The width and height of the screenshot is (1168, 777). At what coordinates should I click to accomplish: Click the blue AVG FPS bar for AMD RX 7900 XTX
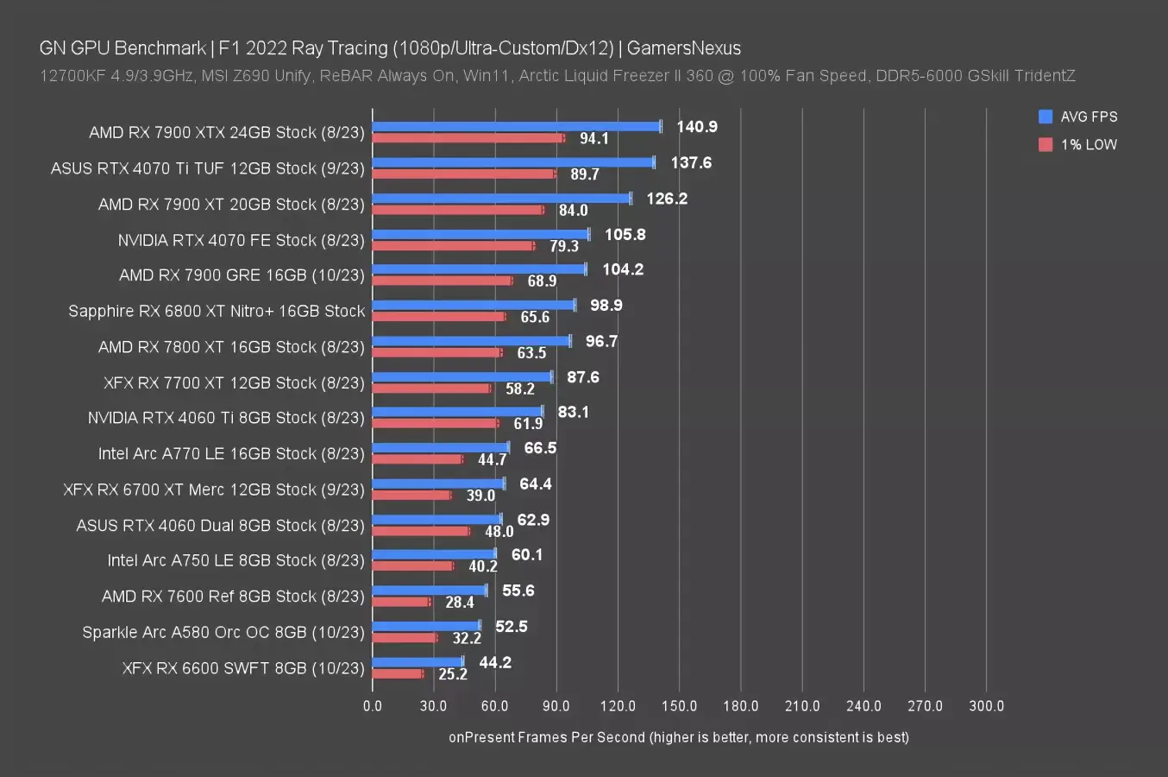pyautogui.click(x=516, y=126)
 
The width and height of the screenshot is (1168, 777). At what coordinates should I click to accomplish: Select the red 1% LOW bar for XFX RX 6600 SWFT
pyautogui.click(x=398, y=673)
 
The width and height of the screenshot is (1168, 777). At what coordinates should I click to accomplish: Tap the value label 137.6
pyautogui.click(x=691, y=162)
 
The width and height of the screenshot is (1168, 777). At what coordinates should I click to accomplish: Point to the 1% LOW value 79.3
pyautogui.click(x=564, y=246)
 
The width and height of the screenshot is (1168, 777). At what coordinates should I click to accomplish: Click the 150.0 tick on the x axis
pyautogui.click(x=679, y=705)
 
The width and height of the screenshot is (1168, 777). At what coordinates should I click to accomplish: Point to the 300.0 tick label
pyautogui.click(x=986, y=705)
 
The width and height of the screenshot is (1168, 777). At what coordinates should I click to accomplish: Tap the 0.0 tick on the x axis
pyautogui.click(x=373, y=705)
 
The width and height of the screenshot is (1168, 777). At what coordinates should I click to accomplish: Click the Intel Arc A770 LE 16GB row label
pyautogui.click(x=231, y=453)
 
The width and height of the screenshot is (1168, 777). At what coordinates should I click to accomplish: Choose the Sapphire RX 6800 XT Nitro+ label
pyautogui.click(x=217, y=311)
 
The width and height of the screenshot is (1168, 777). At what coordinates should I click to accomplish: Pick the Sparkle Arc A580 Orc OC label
pyautogui.click(x=223, y=632)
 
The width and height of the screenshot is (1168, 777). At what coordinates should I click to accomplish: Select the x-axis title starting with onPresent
pyautogui.click(x=678, y=737)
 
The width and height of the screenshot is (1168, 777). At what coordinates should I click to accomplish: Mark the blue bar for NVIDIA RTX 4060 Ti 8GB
pyautogui.click(x=457, y=412)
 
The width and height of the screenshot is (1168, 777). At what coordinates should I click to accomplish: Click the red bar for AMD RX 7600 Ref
pyautogui.click(x=400, y=602)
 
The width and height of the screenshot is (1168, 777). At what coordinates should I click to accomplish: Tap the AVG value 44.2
pyautogui.click(x=495, y=662)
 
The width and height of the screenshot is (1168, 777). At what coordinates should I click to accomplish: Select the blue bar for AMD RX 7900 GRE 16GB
pyautogui.click(x=479, y=269)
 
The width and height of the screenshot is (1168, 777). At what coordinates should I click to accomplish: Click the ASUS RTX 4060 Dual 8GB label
pyautogui.click(x=220, y=525)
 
